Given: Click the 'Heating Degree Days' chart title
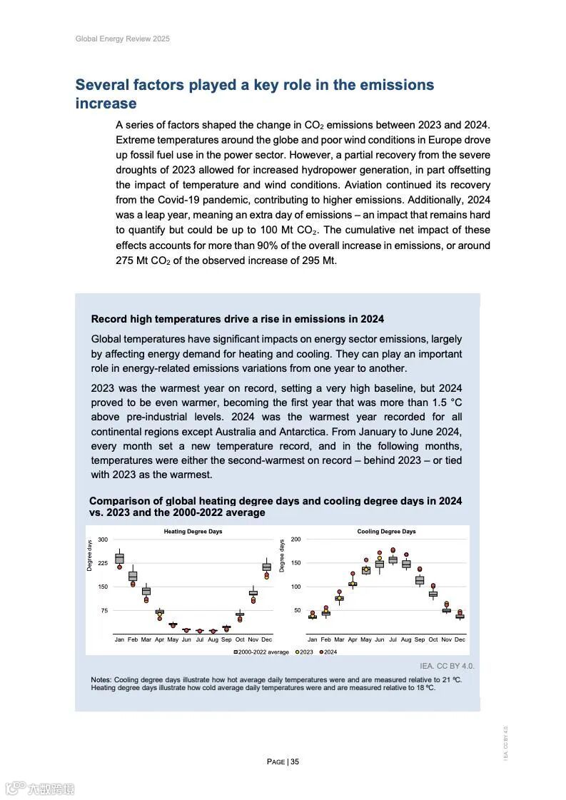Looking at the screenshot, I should click(x=193, y=532).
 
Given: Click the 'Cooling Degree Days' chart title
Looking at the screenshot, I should click(x=386, y=532).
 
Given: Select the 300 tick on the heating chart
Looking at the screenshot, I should click(x=103, y=540).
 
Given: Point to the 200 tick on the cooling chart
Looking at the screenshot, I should click(x=295, y=540).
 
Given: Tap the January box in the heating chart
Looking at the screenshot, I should click(x=119, y=559).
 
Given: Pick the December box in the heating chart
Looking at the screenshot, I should click(x=266, y=567).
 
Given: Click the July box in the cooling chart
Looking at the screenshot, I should click(x=393, y=560).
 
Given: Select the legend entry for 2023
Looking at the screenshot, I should click(x=305, y=652).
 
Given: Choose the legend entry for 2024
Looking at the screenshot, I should click(x=328, y=652).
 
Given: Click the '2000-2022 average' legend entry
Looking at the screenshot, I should click(x=261, y=652).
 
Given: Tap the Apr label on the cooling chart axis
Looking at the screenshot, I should click(x=353, y=639).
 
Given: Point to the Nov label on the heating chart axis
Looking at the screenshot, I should click(x=253, y=639).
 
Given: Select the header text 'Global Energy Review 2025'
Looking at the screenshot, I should click(x=122, y=39).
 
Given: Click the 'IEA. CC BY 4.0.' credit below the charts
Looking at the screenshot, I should click(x=447, y=666).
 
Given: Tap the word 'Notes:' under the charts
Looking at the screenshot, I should click(x=101, y=679).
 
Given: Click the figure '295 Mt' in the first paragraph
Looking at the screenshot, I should click(x=320, y=260).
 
